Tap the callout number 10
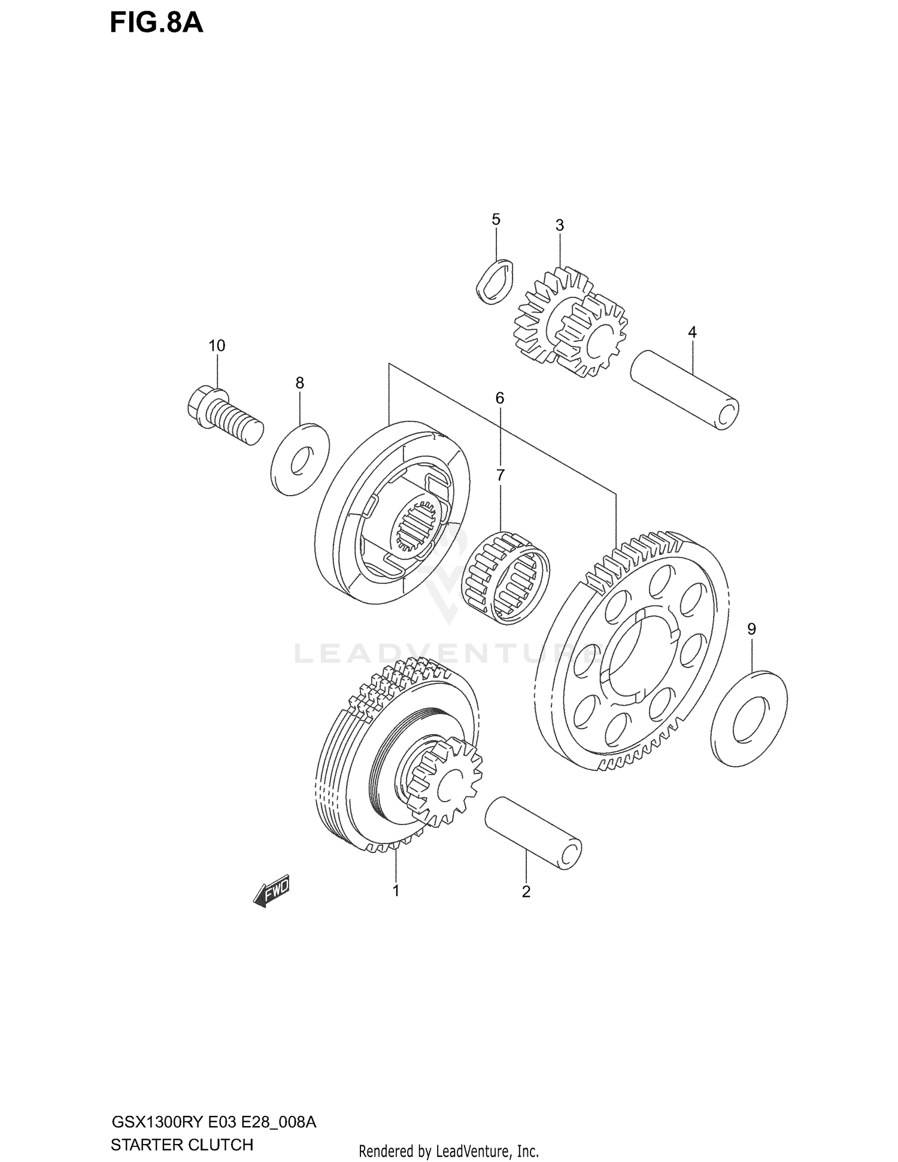tap(217, 345)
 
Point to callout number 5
tap(496, 220)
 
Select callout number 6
tap(499, 398)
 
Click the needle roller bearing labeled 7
tap(506, 577)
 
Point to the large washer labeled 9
tap(750, 718)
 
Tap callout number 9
tap(751, 629)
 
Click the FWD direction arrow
tap(272, 893)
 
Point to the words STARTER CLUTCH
tap(182, 1145)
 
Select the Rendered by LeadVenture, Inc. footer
tap(448, 1151)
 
